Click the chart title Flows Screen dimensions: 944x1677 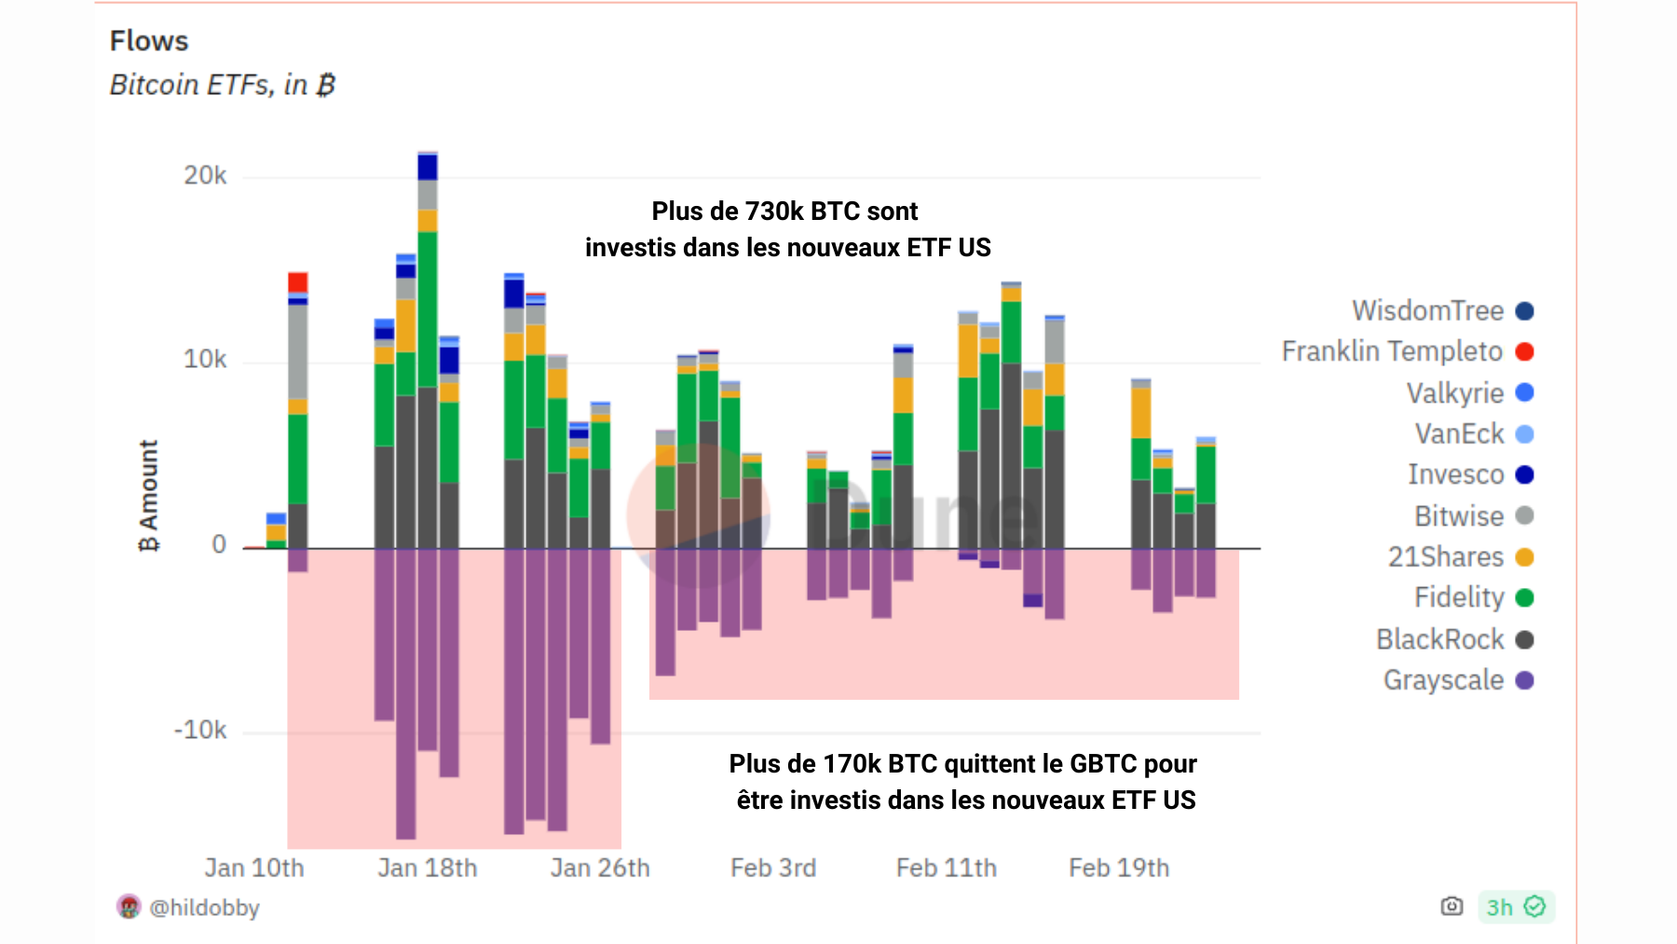(x=149, y=41)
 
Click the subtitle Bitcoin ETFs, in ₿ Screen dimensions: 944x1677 (x=222, y=85)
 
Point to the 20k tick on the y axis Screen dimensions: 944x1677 (x=205, y=175)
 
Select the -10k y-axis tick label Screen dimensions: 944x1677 (x=200, y=730)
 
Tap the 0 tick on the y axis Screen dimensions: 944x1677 (x=219, y=544)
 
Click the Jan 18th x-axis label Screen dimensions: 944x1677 (x=427, y=868)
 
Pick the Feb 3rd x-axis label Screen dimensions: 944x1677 (x=772, y=868)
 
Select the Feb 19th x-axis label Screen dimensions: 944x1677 (x=1118, y=868)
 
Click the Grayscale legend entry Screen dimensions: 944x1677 (x=1443, y=680)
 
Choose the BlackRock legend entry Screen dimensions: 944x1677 (x=1439, y=639)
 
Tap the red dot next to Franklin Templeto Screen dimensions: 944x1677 (x=1524, y=351)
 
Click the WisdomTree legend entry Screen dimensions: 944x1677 (x=1427, y=310)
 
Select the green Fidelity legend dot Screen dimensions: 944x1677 (x=1524, y=597)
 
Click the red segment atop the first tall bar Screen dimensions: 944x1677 (x=297, y=282)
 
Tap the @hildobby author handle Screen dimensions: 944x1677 (x=204, y=907)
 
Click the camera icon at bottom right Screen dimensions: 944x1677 (x=1452, y=906)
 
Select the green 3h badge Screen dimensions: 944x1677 (x=1515, y=907)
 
